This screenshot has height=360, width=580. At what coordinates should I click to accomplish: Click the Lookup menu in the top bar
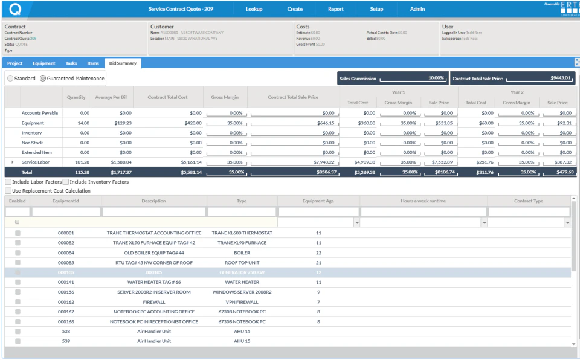pos(254,9)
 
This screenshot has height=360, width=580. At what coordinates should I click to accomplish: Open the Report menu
pos(335,9)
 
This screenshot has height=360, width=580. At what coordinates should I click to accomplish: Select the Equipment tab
pos(43,63)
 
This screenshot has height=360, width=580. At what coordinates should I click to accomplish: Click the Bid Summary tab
pos(123,63)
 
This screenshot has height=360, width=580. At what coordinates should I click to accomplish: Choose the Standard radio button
pos(10,79)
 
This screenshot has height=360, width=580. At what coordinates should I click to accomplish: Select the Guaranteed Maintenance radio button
pos(43,79)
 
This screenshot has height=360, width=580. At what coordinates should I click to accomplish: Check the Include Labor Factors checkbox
pos(8,182)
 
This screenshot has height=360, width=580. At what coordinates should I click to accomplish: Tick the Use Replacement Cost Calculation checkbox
pos(8,191)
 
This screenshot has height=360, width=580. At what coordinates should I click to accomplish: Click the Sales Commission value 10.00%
pos(436,78)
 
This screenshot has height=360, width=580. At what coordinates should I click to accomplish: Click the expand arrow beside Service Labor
pos(13,162)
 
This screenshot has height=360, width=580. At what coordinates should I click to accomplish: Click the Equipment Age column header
pos(318,201)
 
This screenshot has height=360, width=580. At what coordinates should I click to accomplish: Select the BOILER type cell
pos(242,252)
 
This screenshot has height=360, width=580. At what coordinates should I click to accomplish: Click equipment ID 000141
pos(66,282)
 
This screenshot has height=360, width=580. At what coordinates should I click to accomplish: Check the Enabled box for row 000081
pos(18,233)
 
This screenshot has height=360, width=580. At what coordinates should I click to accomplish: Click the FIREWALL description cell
pos(153,301)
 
